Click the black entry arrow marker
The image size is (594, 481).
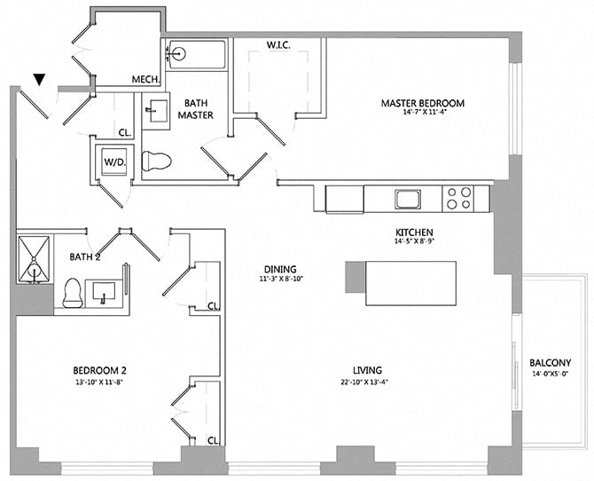click(38, 80)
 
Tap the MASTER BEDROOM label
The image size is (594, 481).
click(422, 103)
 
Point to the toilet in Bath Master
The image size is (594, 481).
click(156, 161)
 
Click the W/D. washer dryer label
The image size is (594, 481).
click(114, 163)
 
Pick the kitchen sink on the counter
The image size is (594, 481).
click(408, 198)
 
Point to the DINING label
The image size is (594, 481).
click(279, 270)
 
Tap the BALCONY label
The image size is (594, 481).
click(550, 362)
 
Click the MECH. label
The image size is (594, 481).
click(145, 80)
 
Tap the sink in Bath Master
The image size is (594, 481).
click(156, 111)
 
